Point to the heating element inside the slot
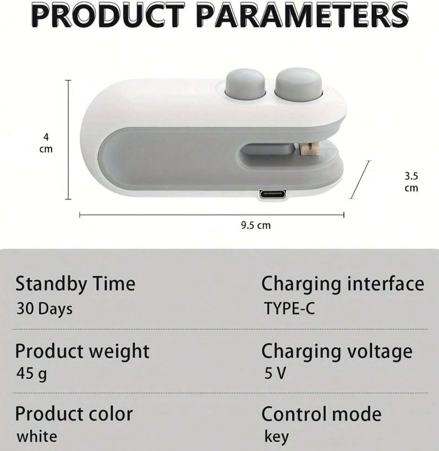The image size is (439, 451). pos(309,149)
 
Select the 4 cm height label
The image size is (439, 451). pos(46,143)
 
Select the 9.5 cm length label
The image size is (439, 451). pos(256,225)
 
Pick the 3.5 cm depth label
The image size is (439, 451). pos(411,182)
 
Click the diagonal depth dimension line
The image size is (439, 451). pos(360,179)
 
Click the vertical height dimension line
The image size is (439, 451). pos(68,140)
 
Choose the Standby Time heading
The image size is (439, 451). pos(75,284)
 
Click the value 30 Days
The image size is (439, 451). pos(44,309)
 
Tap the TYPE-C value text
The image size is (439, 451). pos(290,308)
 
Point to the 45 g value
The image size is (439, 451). pos(31,374)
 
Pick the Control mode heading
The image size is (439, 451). pos(321,414)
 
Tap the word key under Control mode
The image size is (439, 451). pos(277,437)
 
